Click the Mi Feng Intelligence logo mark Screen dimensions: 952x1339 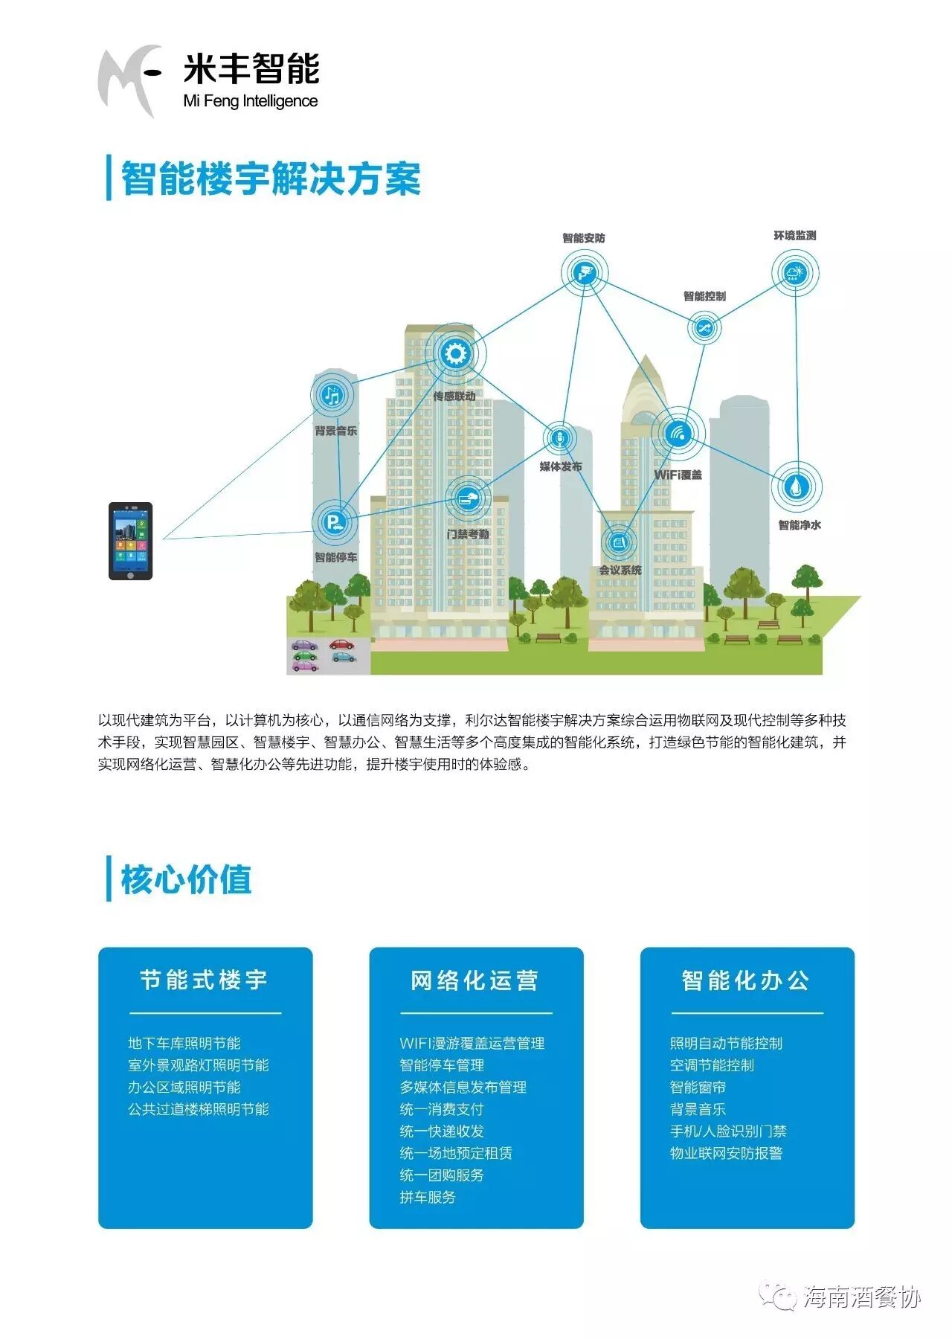[x=128, y=79]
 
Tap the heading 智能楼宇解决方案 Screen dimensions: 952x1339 [x=271, y=179]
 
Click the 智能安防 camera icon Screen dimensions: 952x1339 [x=585, y=272]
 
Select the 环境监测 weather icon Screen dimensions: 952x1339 [x=794, y=272]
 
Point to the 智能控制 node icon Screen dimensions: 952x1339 [x=703, y=327]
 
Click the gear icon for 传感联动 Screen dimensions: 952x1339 [x=454, y=353]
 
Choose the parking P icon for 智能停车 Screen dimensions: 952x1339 [x=334, y=521]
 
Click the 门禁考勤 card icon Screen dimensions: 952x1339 [x=468, y=498]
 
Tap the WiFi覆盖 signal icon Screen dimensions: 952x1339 [x=677, y=433]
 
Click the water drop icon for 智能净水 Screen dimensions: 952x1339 [x=797, y=487]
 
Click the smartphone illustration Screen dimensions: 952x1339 [x=130, y=541]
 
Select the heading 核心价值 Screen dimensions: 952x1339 [x=186, y=879]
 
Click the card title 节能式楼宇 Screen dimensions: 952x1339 [x=204, y=980]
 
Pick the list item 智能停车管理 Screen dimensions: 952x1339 [x=442, y=1065]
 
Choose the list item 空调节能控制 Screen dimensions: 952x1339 [x=712, y=1065]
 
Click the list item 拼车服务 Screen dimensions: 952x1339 [x=428, y=1197]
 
